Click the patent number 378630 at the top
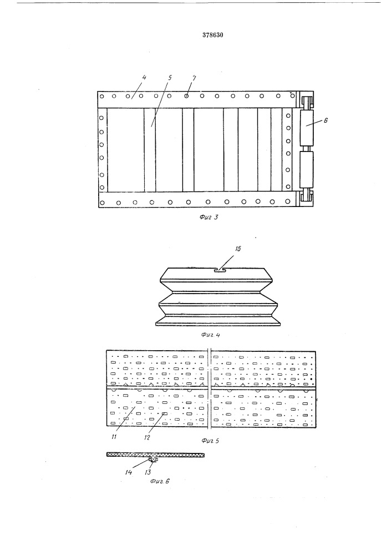(213, 34)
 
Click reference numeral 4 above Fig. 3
(144, 78)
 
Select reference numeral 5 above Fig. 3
(170, 78)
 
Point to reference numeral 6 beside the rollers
(325, 120)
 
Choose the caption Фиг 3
(208, 217)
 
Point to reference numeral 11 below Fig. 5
(114, 437)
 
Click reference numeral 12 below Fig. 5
(147, 437)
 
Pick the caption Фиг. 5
(210, 441)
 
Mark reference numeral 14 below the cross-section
(128, 472)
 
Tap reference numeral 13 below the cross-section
(148, 472)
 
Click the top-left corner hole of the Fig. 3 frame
(102, 96)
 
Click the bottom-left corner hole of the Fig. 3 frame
(102, 203)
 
